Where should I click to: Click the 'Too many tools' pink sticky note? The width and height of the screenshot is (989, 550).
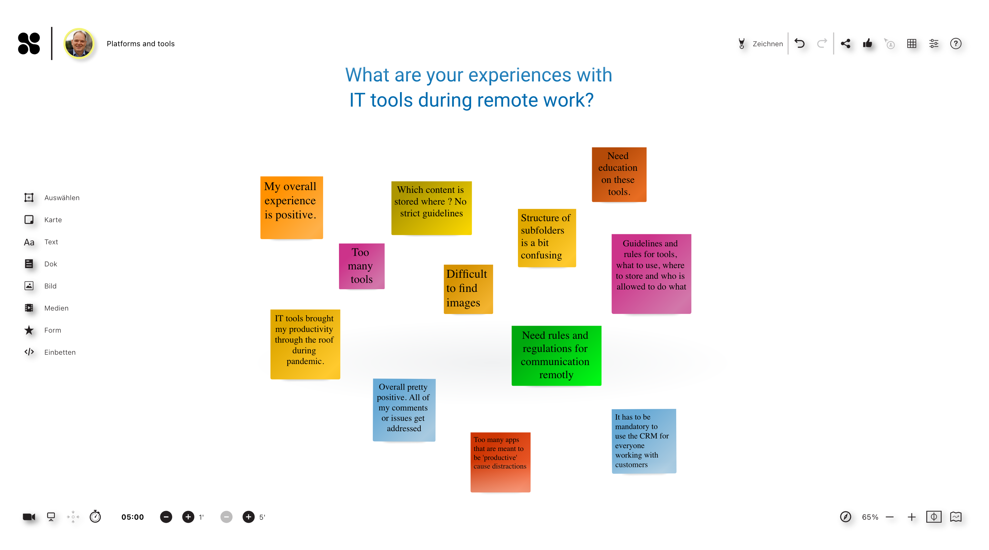coord(362,266)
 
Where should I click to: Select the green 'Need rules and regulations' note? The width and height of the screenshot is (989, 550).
coord(556,356)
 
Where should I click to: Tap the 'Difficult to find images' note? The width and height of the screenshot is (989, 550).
coord(468,289)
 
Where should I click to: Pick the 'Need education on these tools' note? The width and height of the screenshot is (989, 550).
coord(619,174)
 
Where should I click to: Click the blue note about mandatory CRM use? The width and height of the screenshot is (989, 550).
coord(644,441)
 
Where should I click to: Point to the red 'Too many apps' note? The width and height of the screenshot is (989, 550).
coord(500,462)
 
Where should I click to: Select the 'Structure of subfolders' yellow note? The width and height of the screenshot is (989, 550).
coord(547,238)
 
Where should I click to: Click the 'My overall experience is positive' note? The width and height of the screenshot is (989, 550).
coord(291,207)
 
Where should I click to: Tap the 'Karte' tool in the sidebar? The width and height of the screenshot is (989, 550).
coord(43,220)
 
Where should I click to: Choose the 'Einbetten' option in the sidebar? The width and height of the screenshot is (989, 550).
coord(50,352)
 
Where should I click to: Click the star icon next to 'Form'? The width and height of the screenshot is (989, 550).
coord(29,330)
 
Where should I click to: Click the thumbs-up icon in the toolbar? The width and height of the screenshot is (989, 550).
coord(867,43)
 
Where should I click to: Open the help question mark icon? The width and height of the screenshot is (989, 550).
coord(956,43)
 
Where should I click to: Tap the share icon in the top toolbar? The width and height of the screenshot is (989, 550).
coord(846,43)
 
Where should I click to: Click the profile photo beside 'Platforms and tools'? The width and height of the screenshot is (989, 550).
coord(79,43)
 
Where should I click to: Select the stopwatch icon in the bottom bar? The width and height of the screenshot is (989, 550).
coord(95,517)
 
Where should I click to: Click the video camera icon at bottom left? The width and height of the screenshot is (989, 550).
coord(29,517)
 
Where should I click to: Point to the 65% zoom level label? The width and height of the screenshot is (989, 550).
coord(870,517)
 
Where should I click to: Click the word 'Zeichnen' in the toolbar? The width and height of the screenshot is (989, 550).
coord(768,44)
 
